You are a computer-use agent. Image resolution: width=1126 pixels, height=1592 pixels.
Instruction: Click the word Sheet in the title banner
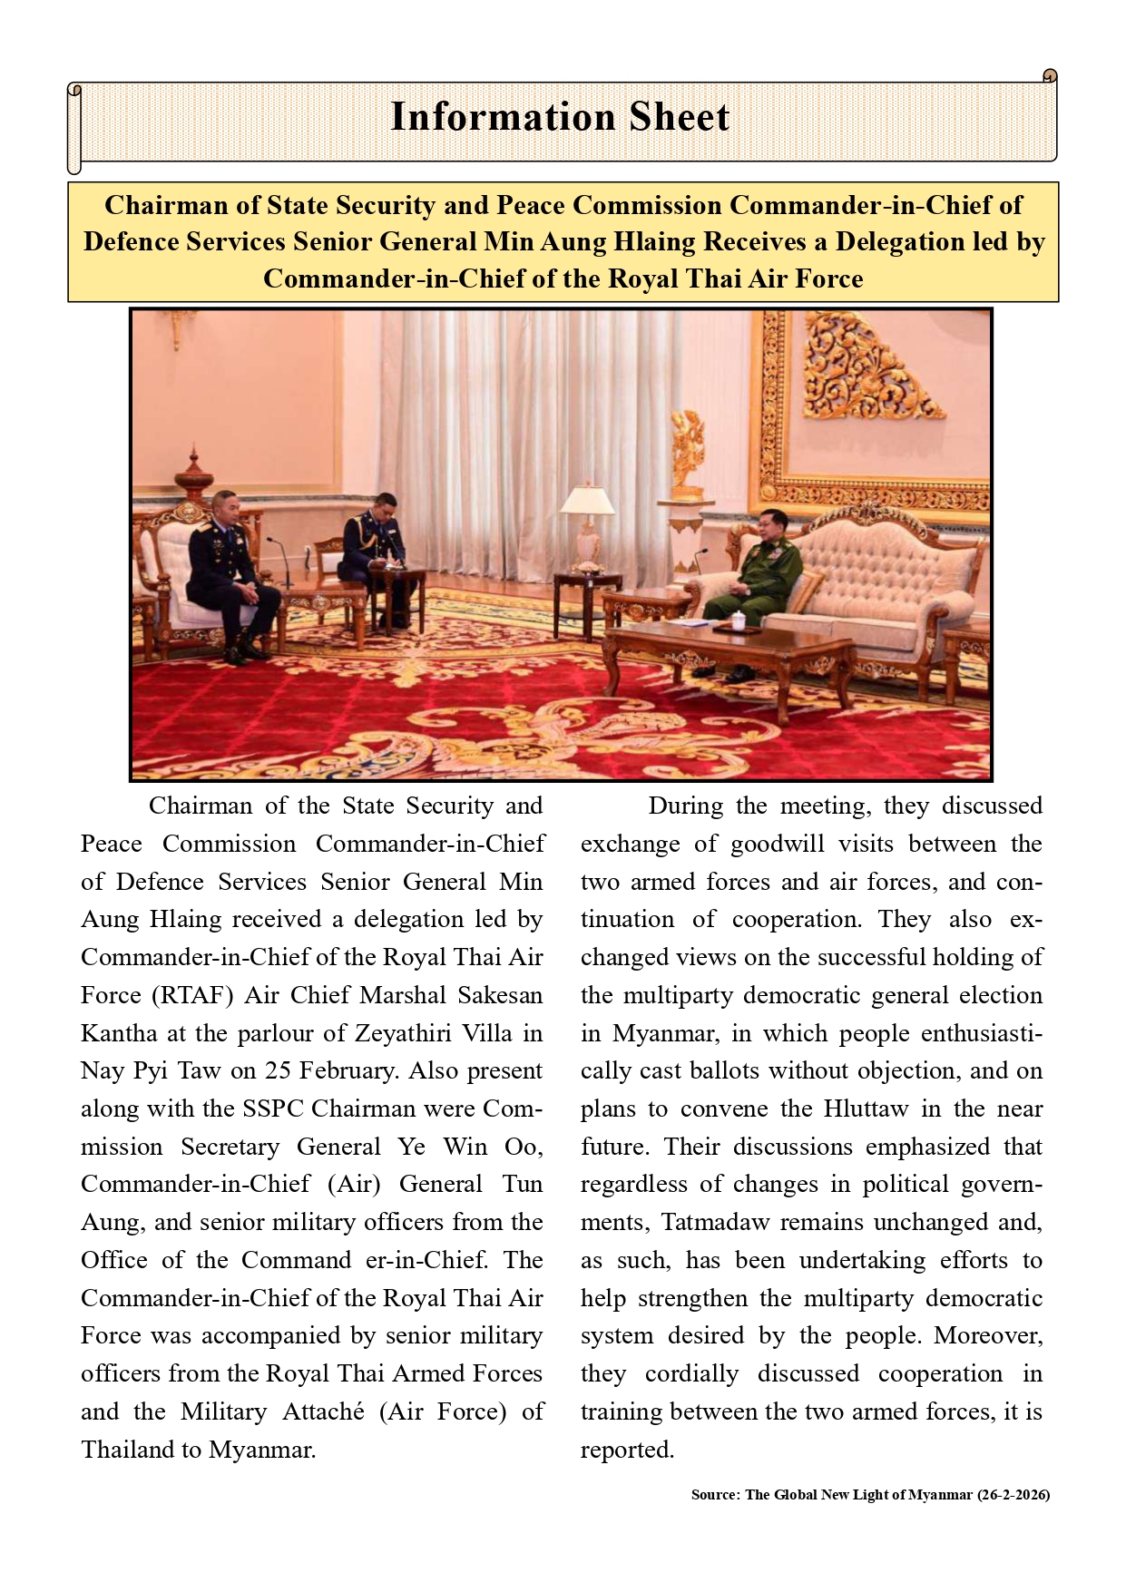point(680,117)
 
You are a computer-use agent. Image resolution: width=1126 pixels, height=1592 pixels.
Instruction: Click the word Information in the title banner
point(503,117)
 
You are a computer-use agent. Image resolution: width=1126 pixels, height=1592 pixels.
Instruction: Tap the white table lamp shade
point(587,499)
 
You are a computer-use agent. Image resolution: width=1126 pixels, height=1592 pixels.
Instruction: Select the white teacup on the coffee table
point(739,621)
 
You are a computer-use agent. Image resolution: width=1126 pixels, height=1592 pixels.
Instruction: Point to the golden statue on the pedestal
point(689,454)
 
